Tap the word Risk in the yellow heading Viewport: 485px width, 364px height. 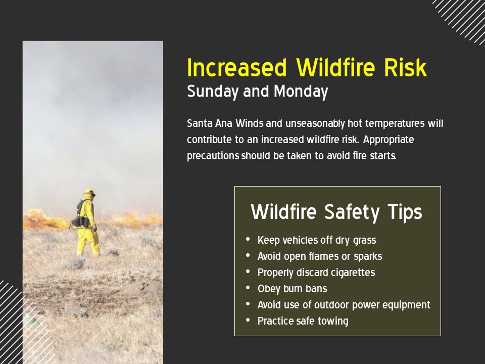click(x=407, y=68)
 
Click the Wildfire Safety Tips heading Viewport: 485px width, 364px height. click(x=336, y=212)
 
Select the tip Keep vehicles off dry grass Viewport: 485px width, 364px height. click(x=317, y=240)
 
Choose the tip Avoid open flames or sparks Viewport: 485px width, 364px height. click(x=320, y=256)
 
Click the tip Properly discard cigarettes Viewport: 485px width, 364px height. click(x=316, y=272)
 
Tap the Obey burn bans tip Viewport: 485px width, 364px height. click(x=292, y=289)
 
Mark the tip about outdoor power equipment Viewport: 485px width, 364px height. click(x=344, y=305)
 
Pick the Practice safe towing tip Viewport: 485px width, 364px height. click(x=303, y=321)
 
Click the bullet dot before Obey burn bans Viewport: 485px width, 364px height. click(x=248, y=288)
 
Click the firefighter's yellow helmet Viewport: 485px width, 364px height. click(x=89, y=192)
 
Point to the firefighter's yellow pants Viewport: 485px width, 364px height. click(x=87, y=242)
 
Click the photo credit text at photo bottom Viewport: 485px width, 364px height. click(x=136, y=359)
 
